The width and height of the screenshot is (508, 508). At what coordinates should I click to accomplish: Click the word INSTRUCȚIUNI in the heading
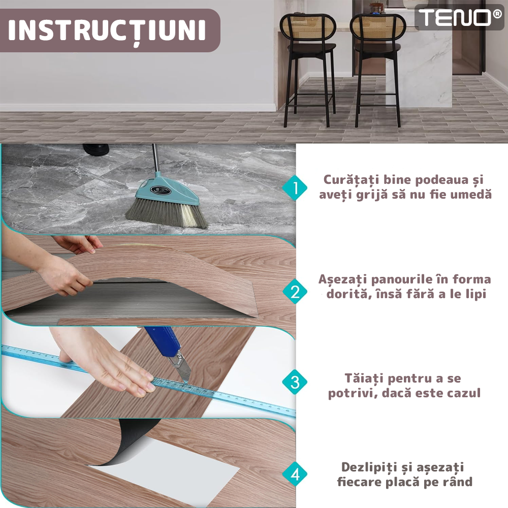(107, 31)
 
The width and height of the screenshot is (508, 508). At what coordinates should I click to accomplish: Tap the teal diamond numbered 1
(295, 188)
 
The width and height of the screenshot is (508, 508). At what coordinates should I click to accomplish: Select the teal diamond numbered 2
(295, 291)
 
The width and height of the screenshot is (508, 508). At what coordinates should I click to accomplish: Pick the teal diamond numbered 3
(295, 382)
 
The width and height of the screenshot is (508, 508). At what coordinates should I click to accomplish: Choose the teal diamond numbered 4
(295, 474)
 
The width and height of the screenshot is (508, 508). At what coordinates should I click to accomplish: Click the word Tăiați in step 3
(364, 378)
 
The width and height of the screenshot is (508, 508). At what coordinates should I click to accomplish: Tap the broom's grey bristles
(167, 214)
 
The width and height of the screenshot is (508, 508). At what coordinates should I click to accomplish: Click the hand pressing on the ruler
(107, 366)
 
